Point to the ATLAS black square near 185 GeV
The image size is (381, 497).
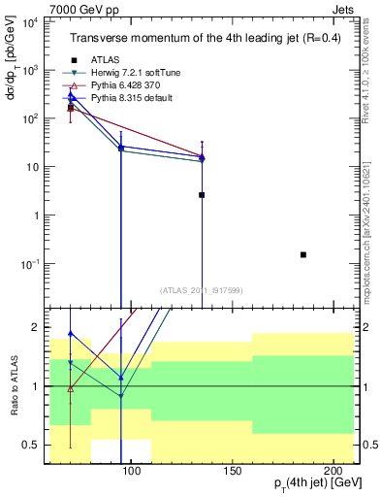[303, 254]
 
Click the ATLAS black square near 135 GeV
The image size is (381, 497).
[202, 195]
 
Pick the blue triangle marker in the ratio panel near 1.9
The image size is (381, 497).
[71, 333]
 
